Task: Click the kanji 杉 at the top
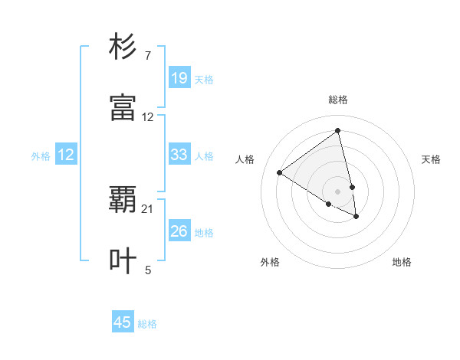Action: (123, 48)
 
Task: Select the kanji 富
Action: (123, 108)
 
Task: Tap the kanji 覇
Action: (123, 201)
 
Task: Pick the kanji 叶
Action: (123, 260)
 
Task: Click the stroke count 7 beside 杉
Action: (148, 56)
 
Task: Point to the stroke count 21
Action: (148, 208)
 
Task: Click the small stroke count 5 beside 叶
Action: (148, 269)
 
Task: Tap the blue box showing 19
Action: (179, 78)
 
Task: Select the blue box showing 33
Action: (179, 155)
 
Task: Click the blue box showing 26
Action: (179, 231)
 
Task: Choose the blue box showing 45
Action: (123, 322)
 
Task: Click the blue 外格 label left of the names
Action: (41, 155)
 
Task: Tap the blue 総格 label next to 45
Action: (147, 324)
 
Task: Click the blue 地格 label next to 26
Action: (204, 232)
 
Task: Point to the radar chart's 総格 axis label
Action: (338, 100)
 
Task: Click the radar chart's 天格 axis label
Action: (432, 159)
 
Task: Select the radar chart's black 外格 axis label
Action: (270, 262)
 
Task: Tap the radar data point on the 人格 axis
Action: (280, 172)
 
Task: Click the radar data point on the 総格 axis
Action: (338, 130)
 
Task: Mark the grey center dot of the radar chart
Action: (338, 191)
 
